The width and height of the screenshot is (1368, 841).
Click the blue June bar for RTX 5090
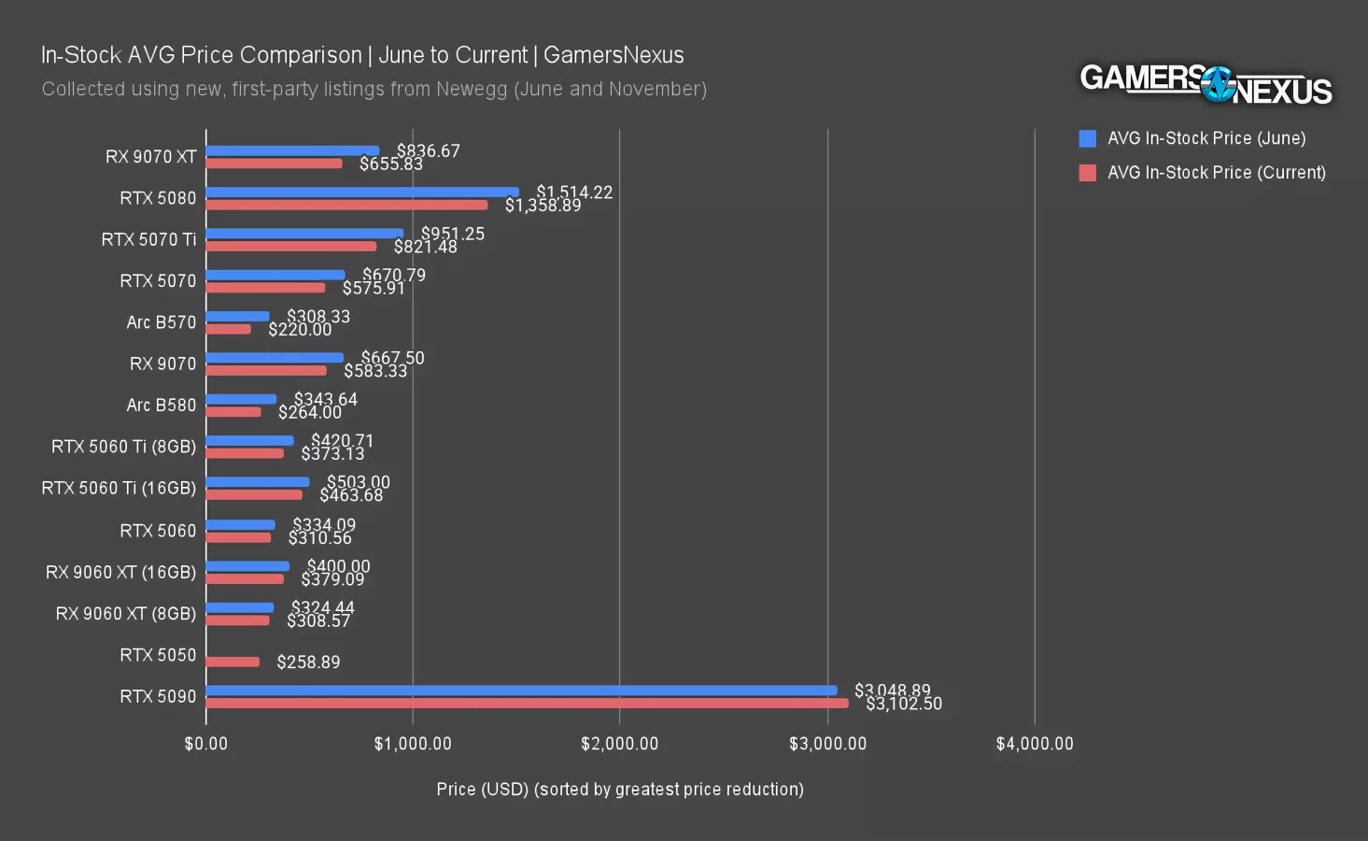521,691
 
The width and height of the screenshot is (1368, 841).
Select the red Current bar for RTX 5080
346,205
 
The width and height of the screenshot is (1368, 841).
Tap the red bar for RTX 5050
233,662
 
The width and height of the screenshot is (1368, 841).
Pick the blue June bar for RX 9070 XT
292,150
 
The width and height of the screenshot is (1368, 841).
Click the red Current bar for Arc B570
228,329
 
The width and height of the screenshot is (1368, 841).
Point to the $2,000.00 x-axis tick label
619,744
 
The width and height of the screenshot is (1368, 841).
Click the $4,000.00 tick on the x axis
1034,744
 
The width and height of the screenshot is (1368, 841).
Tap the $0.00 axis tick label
205,744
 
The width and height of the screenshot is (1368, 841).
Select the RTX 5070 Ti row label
148,239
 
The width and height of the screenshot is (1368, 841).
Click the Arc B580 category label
161,405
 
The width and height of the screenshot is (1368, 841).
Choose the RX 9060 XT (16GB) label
120,572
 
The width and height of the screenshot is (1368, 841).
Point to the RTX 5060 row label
158,531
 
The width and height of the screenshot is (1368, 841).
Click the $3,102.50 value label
904,704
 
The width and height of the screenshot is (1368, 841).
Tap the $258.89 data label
308,662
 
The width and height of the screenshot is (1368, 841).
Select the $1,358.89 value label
543,206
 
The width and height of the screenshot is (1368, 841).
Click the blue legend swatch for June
1087,138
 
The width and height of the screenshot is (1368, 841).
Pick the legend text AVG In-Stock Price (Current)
1216,172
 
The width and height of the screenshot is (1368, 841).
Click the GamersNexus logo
1206,84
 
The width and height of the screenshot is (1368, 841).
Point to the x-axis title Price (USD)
619,789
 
